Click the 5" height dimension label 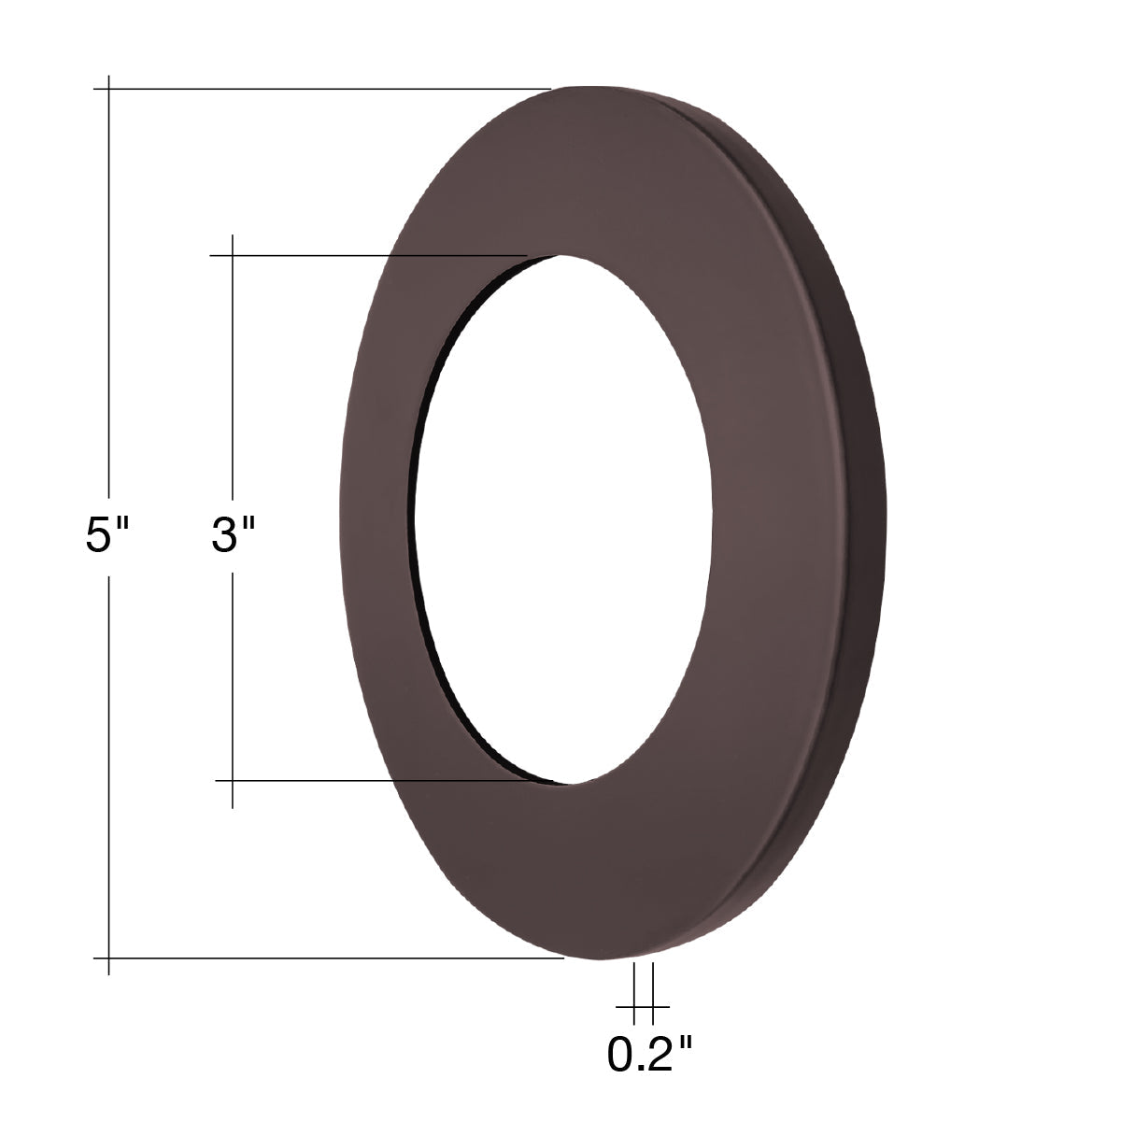106,535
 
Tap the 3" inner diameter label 233,535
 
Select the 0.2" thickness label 649,1054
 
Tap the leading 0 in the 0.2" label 619,1054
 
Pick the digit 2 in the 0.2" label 660,1054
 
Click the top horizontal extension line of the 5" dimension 322,89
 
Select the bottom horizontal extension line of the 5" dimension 329,958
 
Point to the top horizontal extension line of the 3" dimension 368,255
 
